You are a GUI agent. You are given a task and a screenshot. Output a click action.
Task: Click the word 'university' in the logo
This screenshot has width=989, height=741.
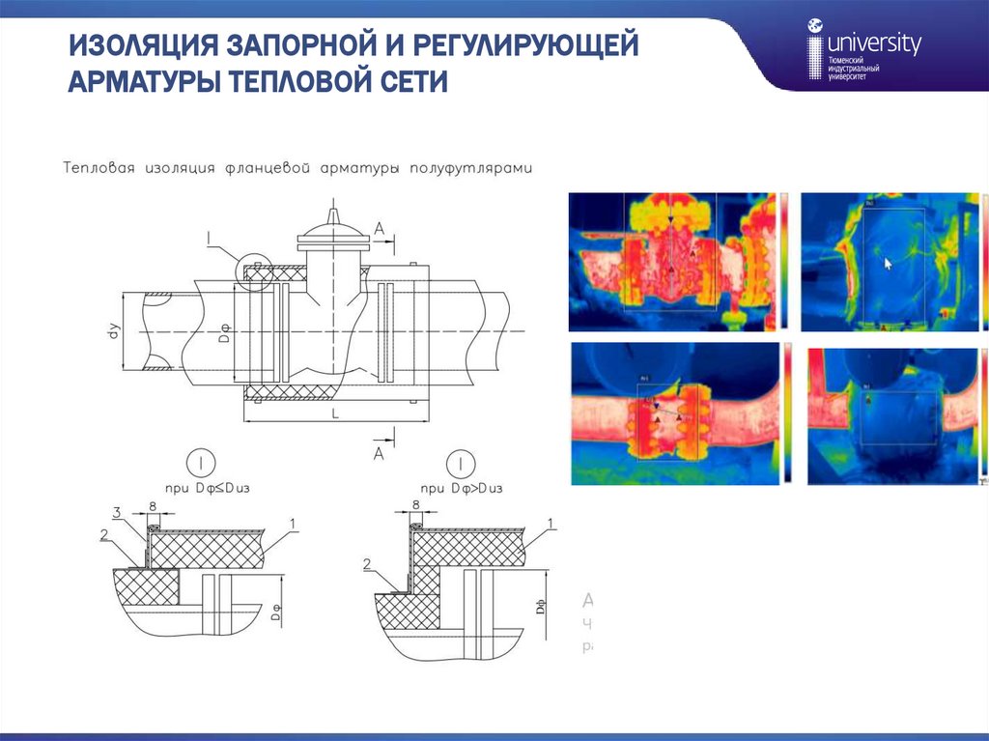[x=875, y=43]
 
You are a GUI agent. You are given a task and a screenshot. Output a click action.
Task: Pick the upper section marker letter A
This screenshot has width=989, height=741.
[x=380, y=228]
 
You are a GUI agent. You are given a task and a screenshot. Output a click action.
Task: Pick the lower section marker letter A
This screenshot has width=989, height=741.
[x=380, y=452]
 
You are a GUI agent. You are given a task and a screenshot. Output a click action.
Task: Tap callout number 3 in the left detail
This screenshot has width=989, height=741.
[x=116, y=512]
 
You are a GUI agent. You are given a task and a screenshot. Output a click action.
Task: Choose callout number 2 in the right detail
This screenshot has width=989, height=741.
[x=367, y=563]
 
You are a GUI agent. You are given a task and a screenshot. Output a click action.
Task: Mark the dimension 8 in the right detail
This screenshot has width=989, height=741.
[x=416, y=503]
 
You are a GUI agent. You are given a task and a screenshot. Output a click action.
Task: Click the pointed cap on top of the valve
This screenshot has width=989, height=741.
[x=332, y=215]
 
